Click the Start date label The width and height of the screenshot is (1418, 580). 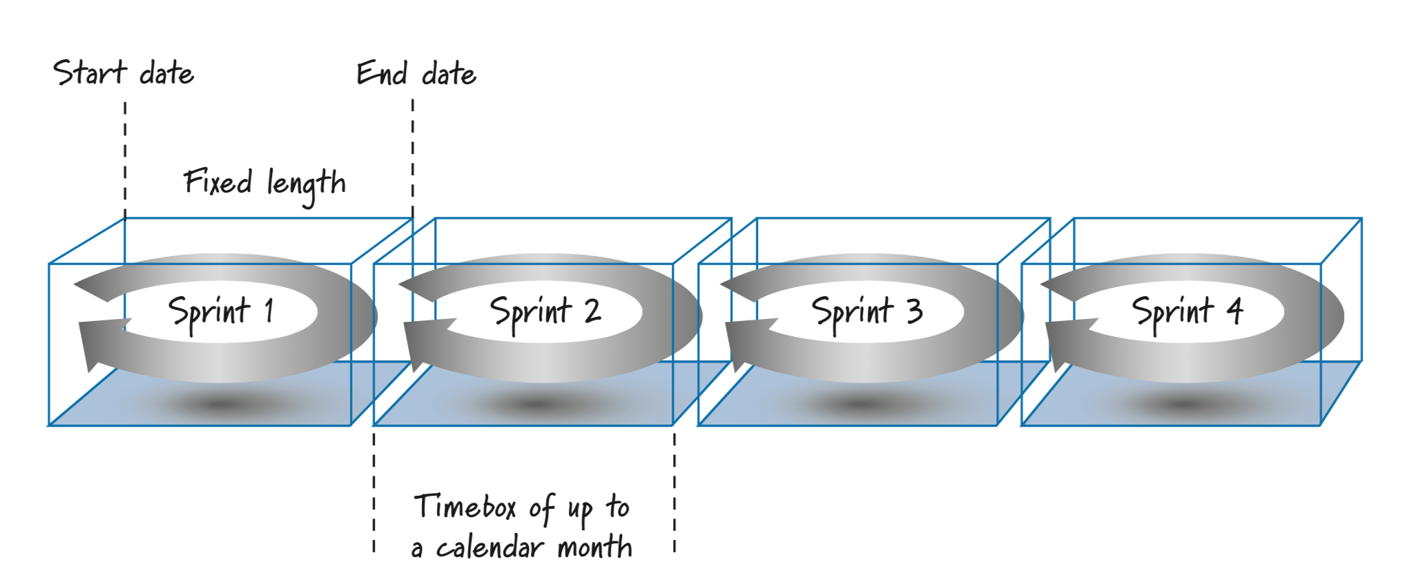click(124, 73)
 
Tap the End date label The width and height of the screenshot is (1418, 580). click(416, 73)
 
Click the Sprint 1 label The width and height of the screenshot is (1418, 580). click(221, 311)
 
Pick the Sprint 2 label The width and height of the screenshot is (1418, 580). click(545, 311)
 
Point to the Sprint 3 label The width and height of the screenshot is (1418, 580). click(867, 311)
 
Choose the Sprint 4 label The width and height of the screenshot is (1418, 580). click(1187, 311)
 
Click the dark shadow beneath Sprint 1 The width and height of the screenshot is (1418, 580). click(220, 405)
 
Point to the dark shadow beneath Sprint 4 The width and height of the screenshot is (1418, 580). click(1185, 405)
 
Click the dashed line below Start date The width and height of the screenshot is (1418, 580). click(125, 159)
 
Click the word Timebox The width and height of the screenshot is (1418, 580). click(465, 507)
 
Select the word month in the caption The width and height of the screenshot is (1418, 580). click(594, 548)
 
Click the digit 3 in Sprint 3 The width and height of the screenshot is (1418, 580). click(915, 311)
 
